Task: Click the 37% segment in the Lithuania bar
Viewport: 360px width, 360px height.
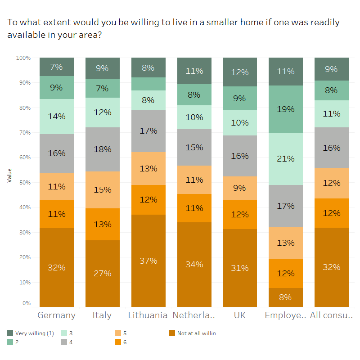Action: (148, 261)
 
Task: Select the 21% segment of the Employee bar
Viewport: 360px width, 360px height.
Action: (286, 158)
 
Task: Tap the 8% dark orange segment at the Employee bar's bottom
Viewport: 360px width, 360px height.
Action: (286, 297)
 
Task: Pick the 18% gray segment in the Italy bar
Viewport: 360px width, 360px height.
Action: (102, 149)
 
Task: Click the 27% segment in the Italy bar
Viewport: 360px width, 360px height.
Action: (102, 273)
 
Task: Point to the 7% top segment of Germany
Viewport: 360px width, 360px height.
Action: (56, 67)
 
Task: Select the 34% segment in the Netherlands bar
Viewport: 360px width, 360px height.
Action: (194, 264)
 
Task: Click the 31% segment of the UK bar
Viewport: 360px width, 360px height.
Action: (240, 268)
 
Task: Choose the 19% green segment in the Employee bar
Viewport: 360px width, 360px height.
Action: (286, 109)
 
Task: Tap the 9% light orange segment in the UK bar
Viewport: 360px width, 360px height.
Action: (240, 188)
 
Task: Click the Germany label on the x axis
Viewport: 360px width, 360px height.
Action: (56, 315)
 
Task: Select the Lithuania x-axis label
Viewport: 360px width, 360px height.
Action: (148, 315)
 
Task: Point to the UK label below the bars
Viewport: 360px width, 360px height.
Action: (240, 315)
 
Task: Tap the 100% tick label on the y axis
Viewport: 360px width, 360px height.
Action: (23, 58)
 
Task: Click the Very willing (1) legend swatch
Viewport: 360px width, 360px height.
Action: (10, 333)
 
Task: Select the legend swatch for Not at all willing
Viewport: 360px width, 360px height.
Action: (172, 333)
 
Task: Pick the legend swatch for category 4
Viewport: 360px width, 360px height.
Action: (64, 342)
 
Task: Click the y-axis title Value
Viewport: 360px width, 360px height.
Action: (9, 175)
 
